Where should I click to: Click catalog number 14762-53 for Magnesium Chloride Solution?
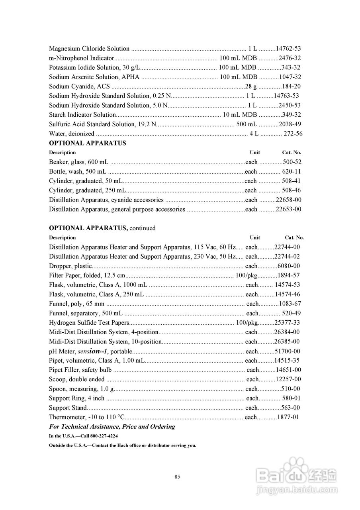288,49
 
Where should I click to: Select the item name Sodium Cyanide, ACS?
80,86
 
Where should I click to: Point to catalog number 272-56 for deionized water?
293,133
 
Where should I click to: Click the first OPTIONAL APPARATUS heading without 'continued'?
87,143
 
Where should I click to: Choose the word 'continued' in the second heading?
143,228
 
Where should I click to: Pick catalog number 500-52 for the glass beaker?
292,162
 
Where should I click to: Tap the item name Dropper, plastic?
70,266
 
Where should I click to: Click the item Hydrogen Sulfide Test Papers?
89,323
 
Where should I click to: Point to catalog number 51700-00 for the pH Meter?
287,351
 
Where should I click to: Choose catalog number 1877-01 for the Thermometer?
288,418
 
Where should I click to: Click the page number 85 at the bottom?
178,477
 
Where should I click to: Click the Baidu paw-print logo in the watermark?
295,471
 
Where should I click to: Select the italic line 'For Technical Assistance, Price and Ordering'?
112,427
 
